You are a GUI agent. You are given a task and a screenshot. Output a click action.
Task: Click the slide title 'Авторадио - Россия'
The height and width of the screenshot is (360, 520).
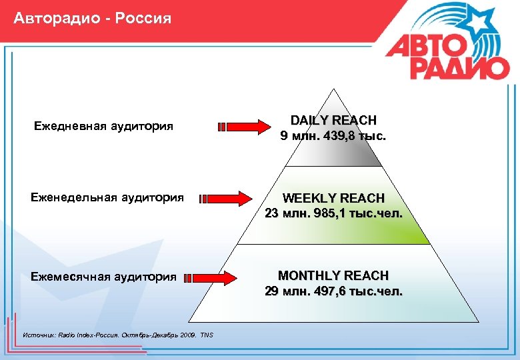click(x=92, y=18)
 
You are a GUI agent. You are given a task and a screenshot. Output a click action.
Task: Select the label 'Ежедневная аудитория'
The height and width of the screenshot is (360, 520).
click(x=103, y=126)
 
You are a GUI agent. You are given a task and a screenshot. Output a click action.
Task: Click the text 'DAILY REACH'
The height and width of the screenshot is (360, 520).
click(x=333, y=120)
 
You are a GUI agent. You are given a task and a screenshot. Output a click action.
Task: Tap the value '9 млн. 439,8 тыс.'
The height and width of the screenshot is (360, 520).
click(x=333, y=136)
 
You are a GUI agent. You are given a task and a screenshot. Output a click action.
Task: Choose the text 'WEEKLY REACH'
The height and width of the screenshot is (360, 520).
click(x=333, y=198)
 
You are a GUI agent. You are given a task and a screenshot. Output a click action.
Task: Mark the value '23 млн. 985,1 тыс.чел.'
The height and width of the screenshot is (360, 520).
click(x=333, y=214)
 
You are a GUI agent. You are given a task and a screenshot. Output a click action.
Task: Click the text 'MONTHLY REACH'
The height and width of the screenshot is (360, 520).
click(x=333, y=275)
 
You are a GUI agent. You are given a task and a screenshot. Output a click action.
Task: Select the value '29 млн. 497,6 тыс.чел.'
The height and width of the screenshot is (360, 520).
click(x=333, y=291)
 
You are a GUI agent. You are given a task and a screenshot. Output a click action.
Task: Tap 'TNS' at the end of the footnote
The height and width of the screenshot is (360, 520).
click(x=207, y=335)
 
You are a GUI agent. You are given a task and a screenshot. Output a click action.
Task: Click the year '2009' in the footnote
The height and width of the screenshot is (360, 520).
click(x=187, y=335)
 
